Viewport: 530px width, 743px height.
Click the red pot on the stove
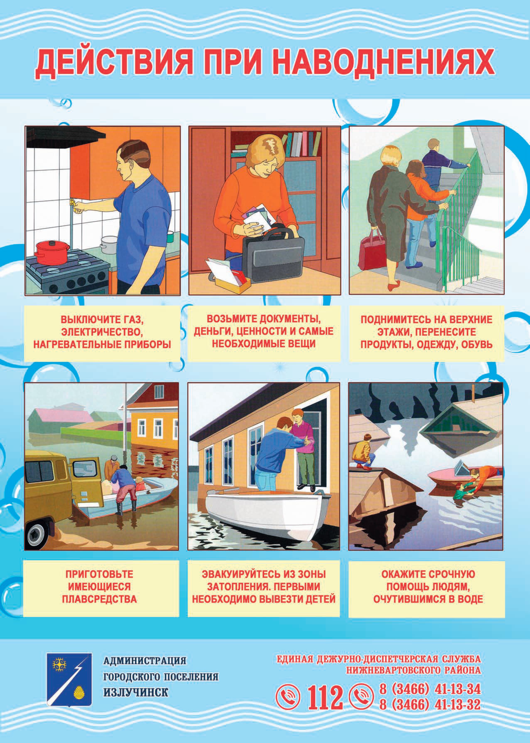click(x=52, y=252)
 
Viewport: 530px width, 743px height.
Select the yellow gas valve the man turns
click(x=75, y=206)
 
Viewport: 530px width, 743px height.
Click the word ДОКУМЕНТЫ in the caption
click(x=288, y=319)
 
